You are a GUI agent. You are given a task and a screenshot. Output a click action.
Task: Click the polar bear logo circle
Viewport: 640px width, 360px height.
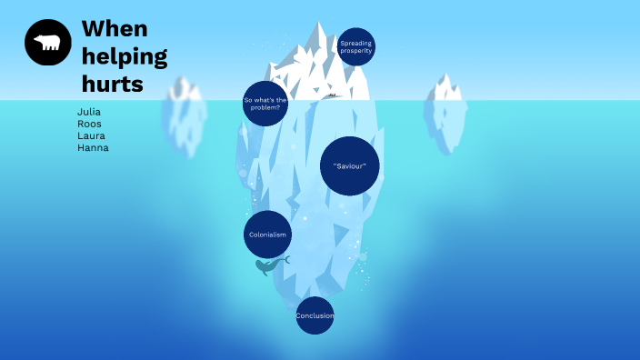(x=48, y=43)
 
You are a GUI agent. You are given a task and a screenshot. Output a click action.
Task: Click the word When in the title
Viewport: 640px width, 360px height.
(x=114, y=28)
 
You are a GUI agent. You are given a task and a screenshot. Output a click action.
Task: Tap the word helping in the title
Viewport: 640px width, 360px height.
(x=125, y=57)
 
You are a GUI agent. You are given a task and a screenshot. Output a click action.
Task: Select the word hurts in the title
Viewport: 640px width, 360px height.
(x=113, y=85)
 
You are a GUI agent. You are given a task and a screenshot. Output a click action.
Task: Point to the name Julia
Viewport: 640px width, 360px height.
(x=89, y=112)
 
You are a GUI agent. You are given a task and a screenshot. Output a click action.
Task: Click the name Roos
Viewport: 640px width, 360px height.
(x=89, y=124)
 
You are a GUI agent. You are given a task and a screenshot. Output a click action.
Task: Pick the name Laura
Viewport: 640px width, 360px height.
(x=91, y=135)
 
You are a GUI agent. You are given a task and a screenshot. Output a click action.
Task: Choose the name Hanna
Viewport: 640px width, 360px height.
(x=93, y=147)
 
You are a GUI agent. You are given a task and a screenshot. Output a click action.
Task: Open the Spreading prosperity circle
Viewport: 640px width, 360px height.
(x=355, y=46)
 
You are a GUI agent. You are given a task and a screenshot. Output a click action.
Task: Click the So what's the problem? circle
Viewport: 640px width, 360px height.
(x=265, y=103)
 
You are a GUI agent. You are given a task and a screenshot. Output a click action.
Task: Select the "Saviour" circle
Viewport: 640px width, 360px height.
(x=349, y=165)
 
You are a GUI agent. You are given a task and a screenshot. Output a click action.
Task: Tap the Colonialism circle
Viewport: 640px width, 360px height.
(x=267, y=235)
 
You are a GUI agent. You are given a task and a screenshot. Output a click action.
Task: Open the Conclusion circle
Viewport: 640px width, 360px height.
(x=315, y=315)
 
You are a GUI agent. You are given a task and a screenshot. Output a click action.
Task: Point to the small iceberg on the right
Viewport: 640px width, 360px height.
(x=445, y=114)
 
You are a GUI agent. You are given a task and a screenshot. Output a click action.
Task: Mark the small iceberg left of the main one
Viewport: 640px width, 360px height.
(x=185, y=116)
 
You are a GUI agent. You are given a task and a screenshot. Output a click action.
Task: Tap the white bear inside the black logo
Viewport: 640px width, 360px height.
(x=47, y=43)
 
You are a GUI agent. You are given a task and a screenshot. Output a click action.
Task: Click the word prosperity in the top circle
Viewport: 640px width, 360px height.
(x=355, y=51)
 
